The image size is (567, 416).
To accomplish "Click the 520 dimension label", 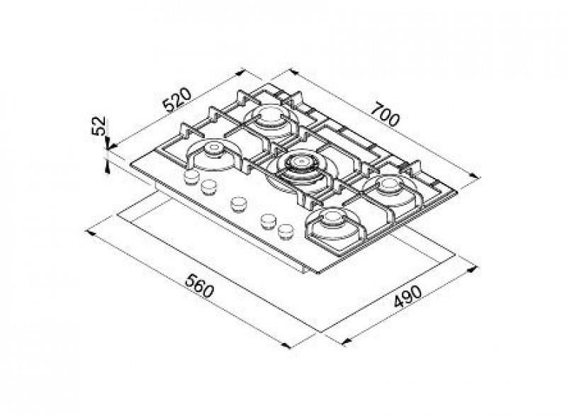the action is click(x=176, y=99).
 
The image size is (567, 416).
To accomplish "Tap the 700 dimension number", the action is click(x=386, y=114).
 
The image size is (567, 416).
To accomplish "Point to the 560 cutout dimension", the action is click(x=199, y=286).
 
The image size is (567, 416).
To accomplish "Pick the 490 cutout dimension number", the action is click(x=408, y=297).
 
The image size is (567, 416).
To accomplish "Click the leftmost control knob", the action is click(x=191, y=177).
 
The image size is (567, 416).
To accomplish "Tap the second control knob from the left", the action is click(x=208, y=186).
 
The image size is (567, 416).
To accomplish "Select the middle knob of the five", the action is click(x=238, y=204).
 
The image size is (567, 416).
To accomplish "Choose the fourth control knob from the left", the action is click(x=269, y=221).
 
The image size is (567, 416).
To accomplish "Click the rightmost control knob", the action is click(x=286, y=231).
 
